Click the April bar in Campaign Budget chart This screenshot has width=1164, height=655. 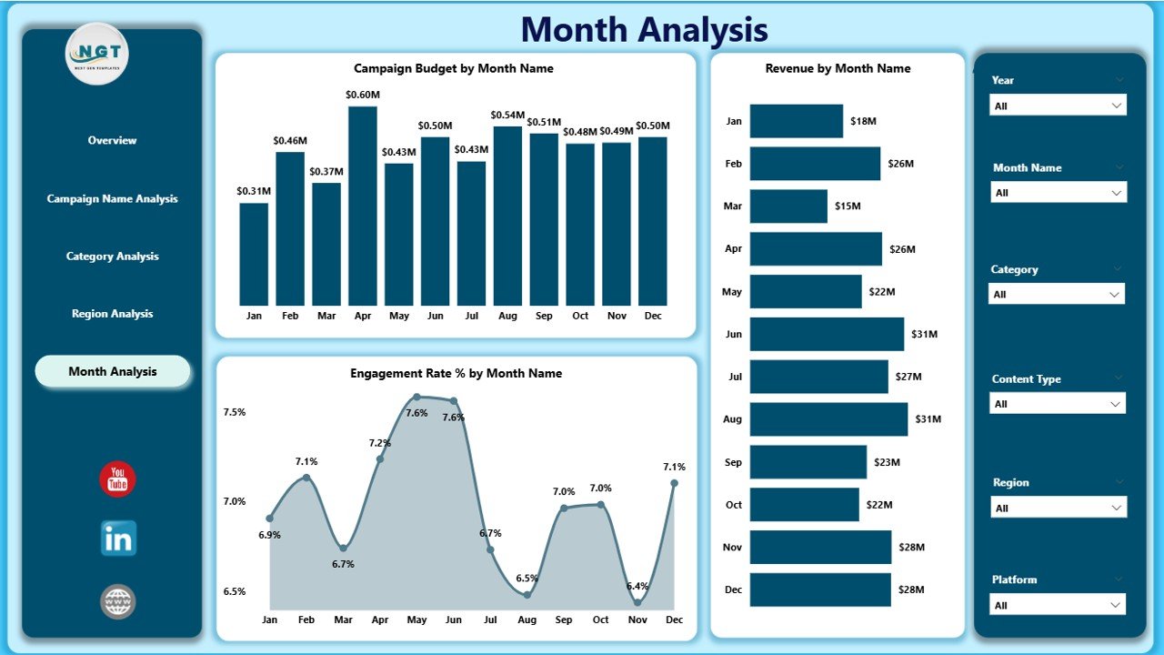[x=363, y=206]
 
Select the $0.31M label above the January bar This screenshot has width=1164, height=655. [x=254, y=190]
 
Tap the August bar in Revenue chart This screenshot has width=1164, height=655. [x=828, y=419]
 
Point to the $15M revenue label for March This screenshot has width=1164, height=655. [x=848, y=207]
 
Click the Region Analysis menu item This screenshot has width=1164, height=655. [x=113, y=314]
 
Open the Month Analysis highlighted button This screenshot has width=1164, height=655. [x=113, y=371]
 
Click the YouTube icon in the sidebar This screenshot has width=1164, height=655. [x=117, y=479]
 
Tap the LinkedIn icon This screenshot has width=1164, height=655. [x=118, y=539]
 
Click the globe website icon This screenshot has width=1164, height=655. [x=118, y=601]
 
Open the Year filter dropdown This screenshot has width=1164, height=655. [x=1058, y=106]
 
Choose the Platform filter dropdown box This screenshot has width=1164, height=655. [x=1058, y=605]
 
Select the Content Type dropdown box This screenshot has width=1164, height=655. [x=1058, y=404]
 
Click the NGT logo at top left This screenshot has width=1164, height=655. [x=97, y=54]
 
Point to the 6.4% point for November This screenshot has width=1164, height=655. [x=637, y=601]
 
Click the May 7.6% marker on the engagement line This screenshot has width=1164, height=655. [x=416, y=397]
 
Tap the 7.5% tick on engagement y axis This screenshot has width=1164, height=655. [x=235, y=412]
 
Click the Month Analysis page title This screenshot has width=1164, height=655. [x=644, y=30]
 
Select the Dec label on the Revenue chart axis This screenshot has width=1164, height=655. [x=734, y=589]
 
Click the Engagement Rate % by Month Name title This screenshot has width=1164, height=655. [x=456, y=373]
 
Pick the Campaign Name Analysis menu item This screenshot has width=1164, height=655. [x=113, y=198]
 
